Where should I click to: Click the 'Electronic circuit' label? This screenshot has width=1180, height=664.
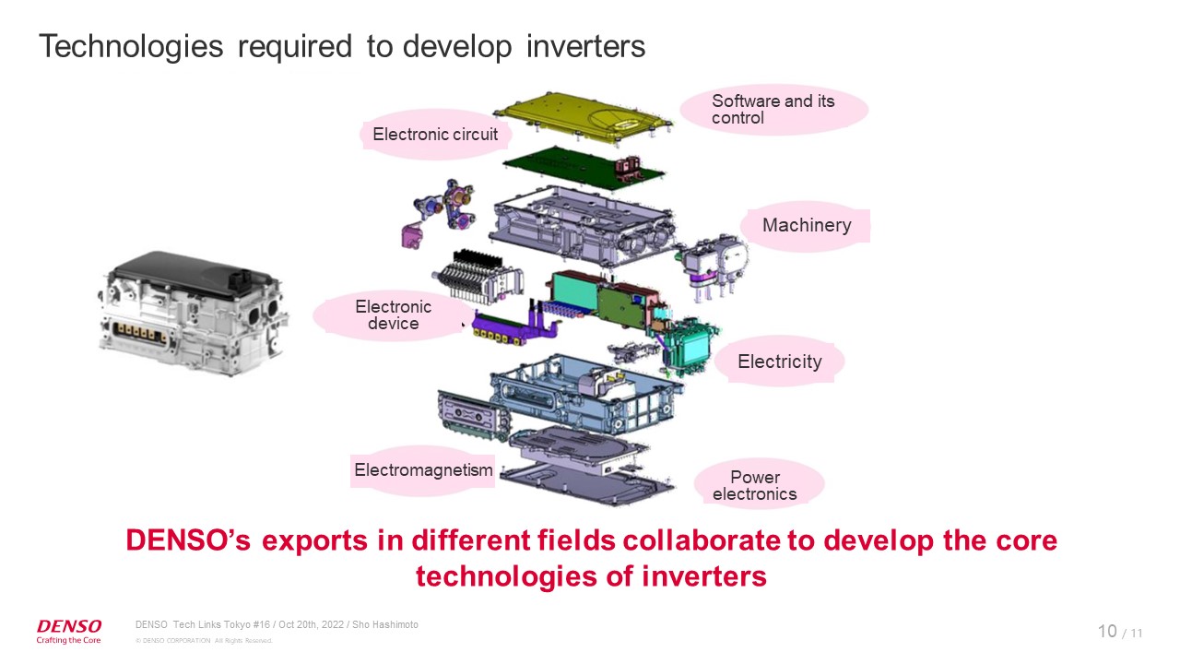coord(435,135)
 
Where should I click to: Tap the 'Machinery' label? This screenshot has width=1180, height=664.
coord(807,225)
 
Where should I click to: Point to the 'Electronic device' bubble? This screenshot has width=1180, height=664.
coord(393,314)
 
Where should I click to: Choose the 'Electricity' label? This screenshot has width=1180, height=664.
coord(779,362)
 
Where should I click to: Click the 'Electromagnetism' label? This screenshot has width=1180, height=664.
coord(423,470)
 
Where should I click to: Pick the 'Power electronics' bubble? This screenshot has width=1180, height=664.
coord(754,485)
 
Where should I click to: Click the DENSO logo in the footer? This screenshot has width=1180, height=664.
coord(69,626)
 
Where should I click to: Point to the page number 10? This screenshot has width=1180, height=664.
coord(1107,631)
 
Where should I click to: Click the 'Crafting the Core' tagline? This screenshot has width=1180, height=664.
coord(69,640)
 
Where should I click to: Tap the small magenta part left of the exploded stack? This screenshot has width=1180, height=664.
coord(411,234)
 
